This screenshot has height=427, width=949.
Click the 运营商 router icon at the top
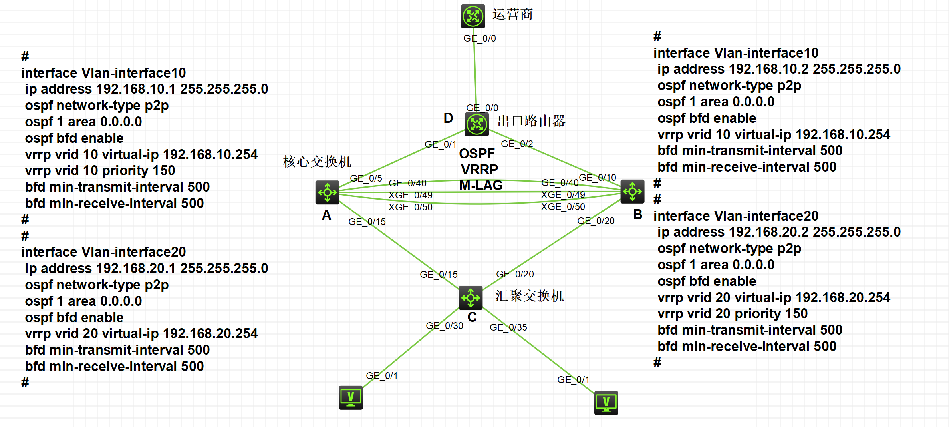(473, 16)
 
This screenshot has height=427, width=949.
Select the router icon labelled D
(476, 124)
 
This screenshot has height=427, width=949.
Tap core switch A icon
(328, 192)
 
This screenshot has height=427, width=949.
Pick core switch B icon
(632, 192)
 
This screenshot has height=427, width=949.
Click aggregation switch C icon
(471, 298)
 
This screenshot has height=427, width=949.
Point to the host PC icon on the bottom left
(351, 397)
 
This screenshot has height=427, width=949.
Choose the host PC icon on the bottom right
(606, 403)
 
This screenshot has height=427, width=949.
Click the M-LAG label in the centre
(480, 185)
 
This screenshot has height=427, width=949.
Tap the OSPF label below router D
(477, 154)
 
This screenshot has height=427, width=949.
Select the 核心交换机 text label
(317, 162)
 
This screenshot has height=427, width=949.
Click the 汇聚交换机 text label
(529, 296)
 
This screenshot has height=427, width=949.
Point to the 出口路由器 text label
(531, 121)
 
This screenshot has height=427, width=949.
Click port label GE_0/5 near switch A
(366, 178)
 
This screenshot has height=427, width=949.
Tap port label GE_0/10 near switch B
(598, 178)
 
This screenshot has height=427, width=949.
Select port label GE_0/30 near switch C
(445, 326)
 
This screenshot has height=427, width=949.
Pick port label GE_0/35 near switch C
(508, 327)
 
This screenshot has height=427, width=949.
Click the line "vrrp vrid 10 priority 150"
(100, 171)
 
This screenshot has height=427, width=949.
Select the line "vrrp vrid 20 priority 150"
(733, 314)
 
